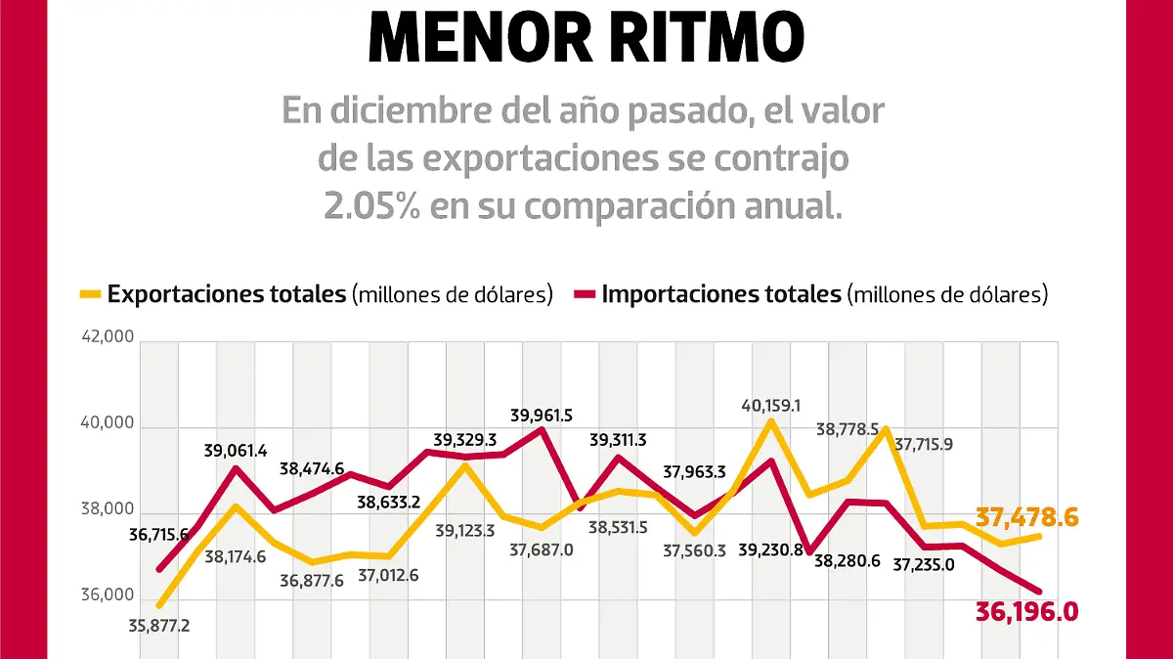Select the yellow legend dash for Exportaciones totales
click(x=90, y=293)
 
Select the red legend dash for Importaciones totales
click(x=585, y=293)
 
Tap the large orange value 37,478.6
click(x=1026, y=517)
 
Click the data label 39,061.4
click(x=236, y=451)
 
